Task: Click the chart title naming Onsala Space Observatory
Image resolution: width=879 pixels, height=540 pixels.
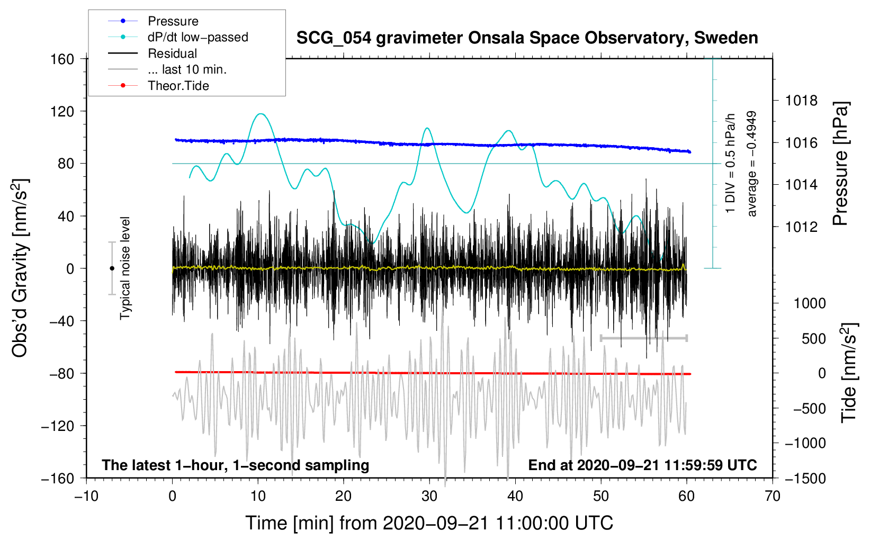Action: point(527,38)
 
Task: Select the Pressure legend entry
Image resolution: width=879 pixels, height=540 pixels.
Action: point(173,21)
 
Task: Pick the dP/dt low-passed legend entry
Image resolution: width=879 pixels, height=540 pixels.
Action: point(198,37)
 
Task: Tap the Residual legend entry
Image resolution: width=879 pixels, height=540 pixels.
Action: point(172,53)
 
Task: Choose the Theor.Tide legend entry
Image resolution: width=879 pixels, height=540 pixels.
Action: point(178,86)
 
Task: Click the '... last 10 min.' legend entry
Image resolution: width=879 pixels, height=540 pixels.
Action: point(187,69)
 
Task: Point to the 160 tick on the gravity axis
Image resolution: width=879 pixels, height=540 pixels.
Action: point(62,59)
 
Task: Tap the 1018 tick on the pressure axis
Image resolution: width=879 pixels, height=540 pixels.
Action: point(801,101)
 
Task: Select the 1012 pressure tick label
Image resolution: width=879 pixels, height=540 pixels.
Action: point(801,227)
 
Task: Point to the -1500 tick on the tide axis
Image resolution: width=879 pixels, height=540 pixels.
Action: point(805,478)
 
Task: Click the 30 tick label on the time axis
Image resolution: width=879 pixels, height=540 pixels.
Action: point(429,496)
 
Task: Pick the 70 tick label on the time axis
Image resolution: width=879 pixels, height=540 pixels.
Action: point(772,496)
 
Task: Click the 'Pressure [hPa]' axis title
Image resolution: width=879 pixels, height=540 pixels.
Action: point(841,164)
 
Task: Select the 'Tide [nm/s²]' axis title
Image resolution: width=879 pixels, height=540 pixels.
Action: point(849,373)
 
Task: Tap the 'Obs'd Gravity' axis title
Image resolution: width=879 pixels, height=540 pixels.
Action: point(20,268)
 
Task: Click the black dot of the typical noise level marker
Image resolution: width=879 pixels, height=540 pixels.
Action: point(112,268)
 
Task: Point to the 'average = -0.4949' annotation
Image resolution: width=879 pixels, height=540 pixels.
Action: point(752,164)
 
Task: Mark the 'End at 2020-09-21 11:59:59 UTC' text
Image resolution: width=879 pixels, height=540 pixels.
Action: point(642,465)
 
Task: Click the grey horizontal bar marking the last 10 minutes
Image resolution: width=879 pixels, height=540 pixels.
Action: point(643,338)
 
